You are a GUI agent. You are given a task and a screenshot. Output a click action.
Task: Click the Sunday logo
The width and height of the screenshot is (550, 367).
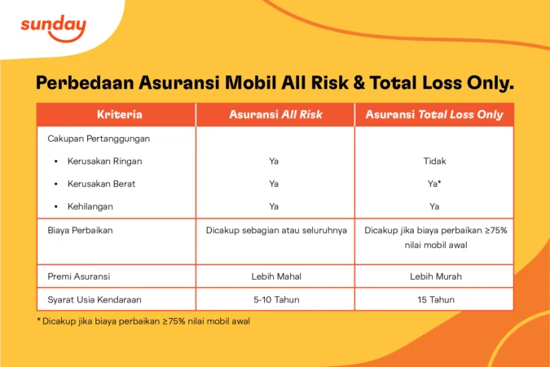pyautogui.click(x=53, y=29)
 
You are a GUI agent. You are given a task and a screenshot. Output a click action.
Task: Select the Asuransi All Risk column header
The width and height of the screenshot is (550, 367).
pyautogui.click(x=274, y=115)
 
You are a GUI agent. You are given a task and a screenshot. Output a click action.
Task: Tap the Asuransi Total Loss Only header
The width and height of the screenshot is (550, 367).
pyautogui.click(x=434, y=115)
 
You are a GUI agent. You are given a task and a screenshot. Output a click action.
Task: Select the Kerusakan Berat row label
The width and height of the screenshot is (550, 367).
pyautogui.click(x=101, y=184)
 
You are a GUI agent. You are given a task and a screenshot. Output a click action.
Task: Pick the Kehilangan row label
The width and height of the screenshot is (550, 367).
pyautogui.click(x=91, y=206)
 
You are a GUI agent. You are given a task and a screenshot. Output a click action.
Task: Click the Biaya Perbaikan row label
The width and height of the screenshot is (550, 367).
pyautogui.click(x=80, y=231)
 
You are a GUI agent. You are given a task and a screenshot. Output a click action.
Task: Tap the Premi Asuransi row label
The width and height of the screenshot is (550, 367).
pyautogui.click(x=80, y=276)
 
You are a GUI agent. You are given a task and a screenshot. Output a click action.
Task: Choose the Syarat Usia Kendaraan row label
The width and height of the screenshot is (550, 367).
pyautogui.click(x=93, y=299)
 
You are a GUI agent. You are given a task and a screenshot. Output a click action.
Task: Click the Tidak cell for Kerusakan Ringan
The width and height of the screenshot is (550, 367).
pyautogui.click(x=434, y=161)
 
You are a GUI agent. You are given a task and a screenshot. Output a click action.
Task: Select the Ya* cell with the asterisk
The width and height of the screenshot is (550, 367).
pyautogui.click(x=434, y=184)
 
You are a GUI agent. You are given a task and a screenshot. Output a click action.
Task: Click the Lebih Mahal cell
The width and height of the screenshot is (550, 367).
pyautogui.click(x=274, y=276)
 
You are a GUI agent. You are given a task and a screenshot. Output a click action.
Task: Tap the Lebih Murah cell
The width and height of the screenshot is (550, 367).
pyautogui.click(x=434, y=276)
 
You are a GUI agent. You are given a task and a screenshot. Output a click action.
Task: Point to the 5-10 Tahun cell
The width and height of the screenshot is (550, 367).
pyautogui.click(x=274, y=299)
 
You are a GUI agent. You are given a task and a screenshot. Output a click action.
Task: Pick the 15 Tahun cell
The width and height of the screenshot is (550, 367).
pyautogui.click(x=434, y=299)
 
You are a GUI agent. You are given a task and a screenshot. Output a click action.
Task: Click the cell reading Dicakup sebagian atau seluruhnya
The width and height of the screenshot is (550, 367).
pyautogui.click(x=274, y=231)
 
